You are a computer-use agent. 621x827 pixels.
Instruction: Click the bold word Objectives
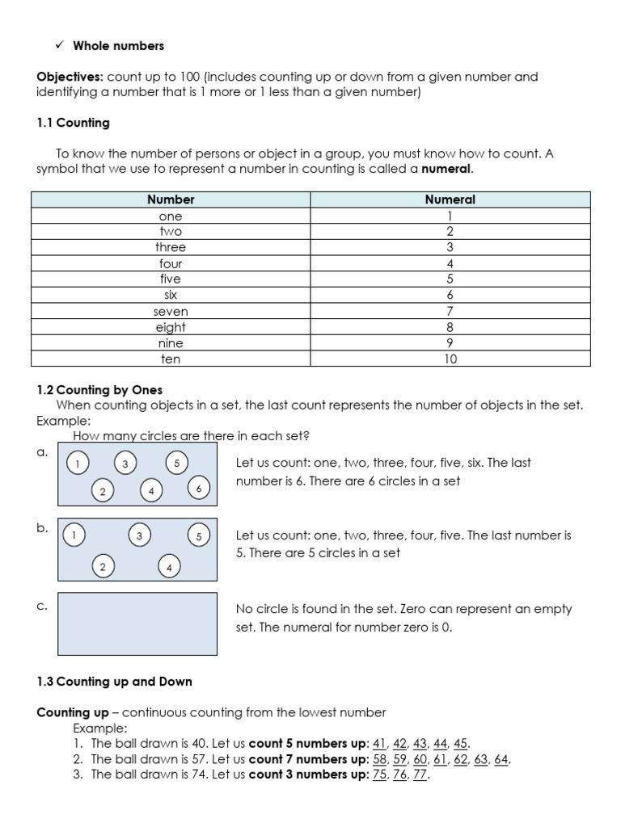click(69, 78)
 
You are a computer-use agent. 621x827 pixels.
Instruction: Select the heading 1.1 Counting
click(73, 124)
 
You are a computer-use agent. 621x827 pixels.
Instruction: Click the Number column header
click(171, 199)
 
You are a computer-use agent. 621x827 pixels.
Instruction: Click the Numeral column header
click(450, 199)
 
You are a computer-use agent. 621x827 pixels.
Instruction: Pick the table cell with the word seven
click(171, 311)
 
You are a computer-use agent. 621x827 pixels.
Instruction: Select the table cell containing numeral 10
click(450, 359)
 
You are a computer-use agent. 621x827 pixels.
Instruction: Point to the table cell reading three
click(171, 247)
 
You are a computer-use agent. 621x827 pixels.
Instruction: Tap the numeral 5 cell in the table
click(450, 279)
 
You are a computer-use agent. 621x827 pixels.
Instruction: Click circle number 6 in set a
click(198, 489)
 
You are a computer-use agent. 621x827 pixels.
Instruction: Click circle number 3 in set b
click(140, 535)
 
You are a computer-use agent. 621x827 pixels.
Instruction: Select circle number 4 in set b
click(169, 568)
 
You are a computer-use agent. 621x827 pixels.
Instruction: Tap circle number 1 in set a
click(78, 464)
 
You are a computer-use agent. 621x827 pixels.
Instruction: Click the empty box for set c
click(137, 623)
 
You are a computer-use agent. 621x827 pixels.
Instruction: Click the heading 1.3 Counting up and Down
click(114, 682)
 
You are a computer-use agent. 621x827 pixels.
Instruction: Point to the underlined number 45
click(461, 744)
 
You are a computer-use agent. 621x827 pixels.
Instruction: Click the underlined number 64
click(501, 760)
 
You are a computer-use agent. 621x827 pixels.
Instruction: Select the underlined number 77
click(420, 775)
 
